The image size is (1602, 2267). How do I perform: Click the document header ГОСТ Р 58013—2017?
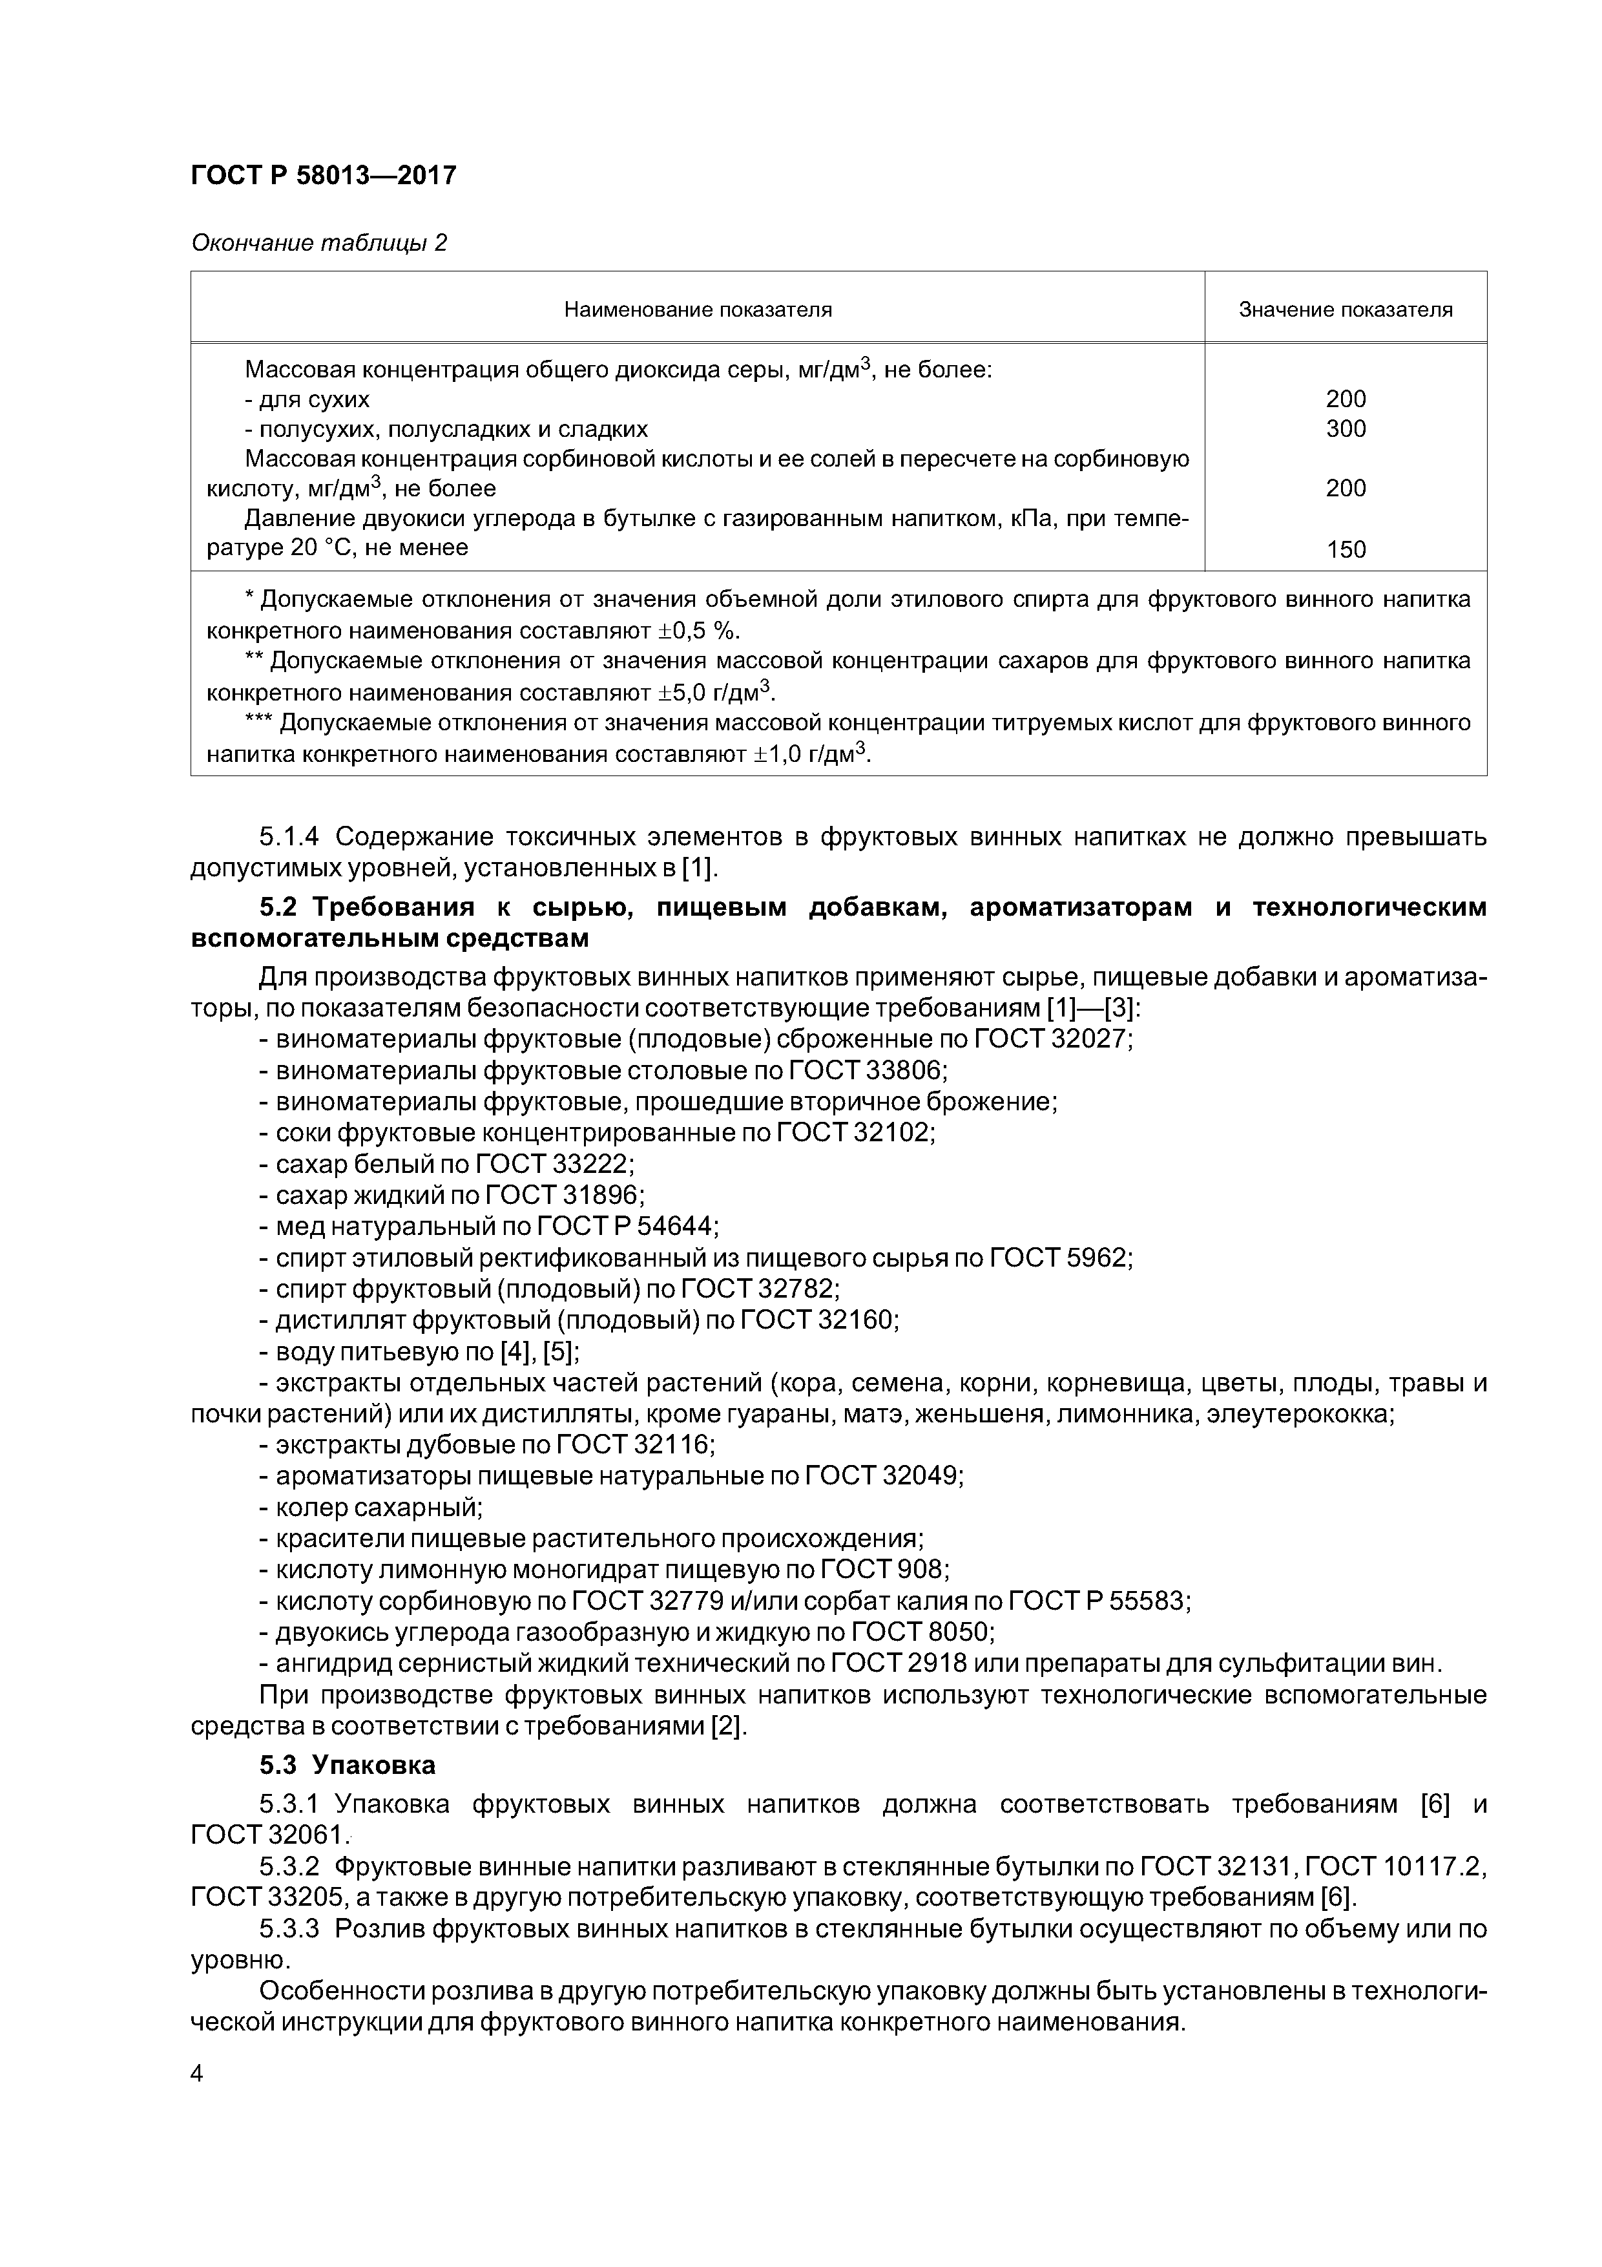click(323, 176)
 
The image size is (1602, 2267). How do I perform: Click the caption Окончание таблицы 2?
click(319, 243)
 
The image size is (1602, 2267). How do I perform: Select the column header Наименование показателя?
click(697, 310)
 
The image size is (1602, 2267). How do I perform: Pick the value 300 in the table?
click(1346, 428)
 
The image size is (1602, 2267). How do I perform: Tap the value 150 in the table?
click(1346, 550)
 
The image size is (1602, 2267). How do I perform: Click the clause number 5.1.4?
click(288, 838)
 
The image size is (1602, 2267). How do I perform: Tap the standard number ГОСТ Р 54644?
click(627, 1227)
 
